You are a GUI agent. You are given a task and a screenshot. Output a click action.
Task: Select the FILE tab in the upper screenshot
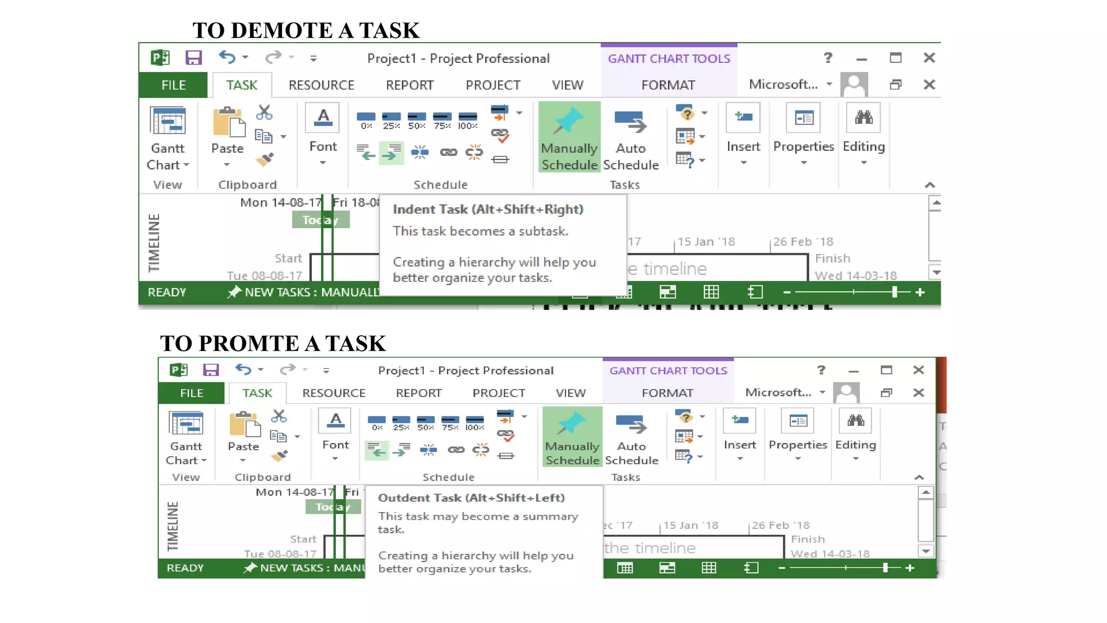coord(174,85)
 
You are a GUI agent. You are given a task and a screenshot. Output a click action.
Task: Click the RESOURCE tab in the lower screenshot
coord(334,393)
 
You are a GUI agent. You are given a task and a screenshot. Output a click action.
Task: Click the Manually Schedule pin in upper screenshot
coord(569,122)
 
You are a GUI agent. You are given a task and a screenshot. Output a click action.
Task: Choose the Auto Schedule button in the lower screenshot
coord(631,438)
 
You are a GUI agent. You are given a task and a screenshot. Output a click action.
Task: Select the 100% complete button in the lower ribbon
coord(475,422)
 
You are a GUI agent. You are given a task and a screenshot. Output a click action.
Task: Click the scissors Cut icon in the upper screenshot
coord(264,112)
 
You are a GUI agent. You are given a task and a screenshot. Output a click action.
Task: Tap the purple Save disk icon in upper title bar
coord(194,58)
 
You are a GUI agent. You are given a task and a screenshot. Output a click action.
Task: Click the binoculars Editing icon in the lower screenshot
coord(856,421)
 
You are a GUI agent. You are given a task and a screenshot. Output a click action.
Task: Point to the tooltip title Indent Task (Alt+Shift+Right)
coord(488,209)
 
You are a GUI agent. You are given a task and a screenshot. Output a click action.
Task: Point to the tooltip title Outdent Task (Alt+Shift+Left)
coord(471,498)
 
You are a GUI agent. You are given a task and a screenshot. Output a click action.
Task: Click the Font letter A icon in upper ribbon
coord(323,117)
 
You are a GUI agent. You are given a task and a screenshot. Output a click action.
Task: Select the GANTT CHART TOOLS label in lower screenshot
coord(668,370)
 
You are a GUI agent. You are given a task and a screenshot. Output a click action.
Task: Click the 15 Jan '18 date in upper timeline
coord(706,242)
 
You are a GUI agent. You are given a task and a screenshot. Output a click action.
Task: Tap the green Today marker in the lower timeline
coord(332,507)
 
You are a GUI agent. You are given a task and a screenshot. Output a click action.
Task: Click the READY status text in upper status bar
coord(166,293)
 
